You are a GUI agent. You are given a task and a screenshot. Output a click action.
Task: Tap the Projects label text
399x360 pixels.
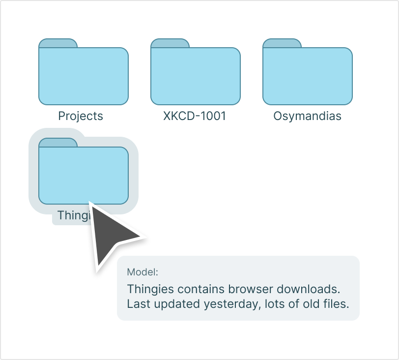pos(81,116)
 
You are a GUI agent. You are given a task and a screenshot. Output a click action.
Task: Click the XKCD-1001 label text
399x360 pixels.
pos(195,116)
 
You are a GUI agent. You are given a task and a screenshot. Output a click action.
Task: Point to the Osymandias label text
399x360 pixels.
pos(307,116)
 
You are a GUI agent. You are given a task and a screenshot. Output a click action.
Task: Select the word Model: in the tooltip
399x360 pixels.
pos(142,272)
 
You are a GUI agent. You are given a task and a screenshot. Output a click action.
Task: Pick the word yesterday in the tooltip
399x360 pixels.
pos(230,304)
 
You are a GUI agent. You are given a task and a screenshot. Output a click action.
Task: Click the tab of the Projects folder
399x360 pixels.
pos(58,43)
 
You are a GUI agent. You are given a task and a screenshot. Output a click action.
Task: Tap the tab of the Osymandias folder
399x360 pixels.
pos(282,43)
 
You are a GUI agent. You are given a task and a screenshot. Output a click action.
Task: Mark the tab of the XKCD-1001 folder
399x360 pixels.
pos(170,43)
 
